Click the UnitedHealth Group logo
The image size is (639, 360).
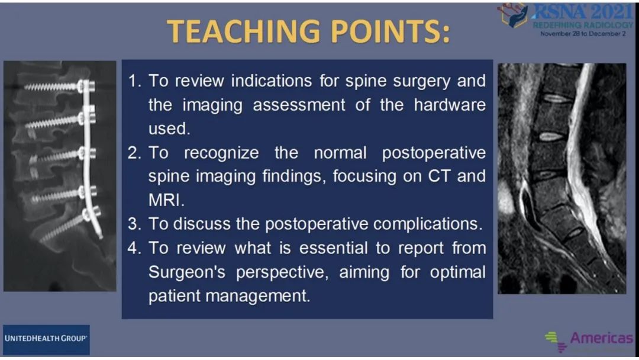click(x=46, y=339)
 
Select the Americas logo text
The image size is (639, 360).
click(x=601, y=338)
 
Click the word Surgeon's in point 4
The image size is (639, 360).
click(x=186, y=272)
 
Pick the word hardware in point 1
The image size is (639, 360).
click(x=450, y=105)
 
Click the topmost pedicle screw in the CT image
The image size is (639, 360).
click(x=60, y=86)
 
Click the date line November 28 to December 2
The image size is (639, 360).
click(x=583, y=34)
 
